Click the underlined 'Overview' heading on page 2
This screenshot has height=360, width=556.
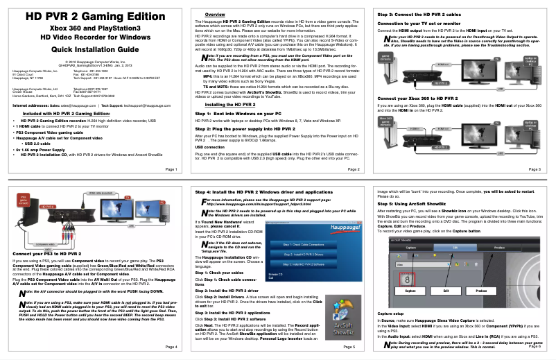click(209, 15)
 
